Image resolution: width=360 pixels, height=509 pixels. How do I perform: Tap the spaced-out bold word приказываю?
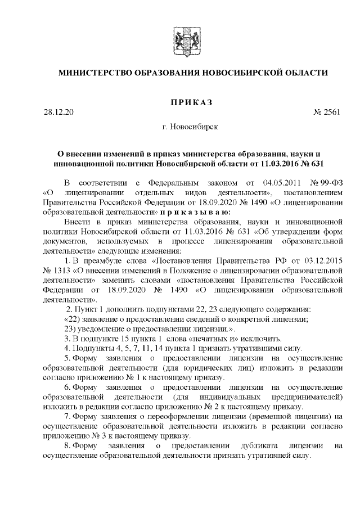pos(195,213)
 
